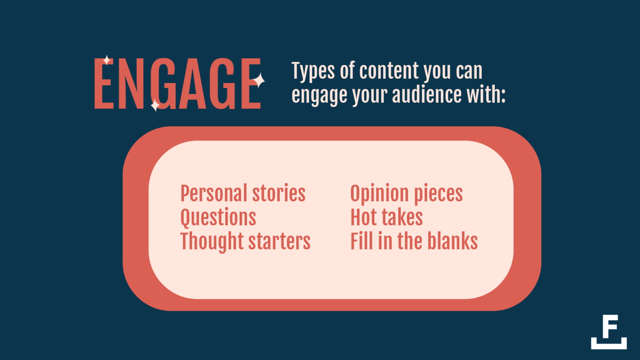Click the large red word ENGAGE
pyautogui.click(x=177, y=83)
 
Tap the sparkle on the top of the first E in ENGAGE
pyautogui.click(x=107, y=60)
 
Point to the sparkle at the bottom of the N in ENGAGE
pyautogui.click(x=155, y=105)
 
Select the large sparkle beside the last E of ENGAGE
pyautogui.click(x=258, y=80)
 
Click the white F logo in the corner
pyautogui.click(x=609, y=332)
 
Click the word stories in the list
pyautogui.click(x=279, y=193)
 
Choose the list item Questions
pyautogui.click(x=218, y=218)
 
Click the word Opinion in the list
pyautogui.click(x=379, y=194)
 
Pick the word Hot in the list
pyautogui.click(x=364, y=217)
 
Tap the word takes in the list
pyautogui.click(x=402, y=217)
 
